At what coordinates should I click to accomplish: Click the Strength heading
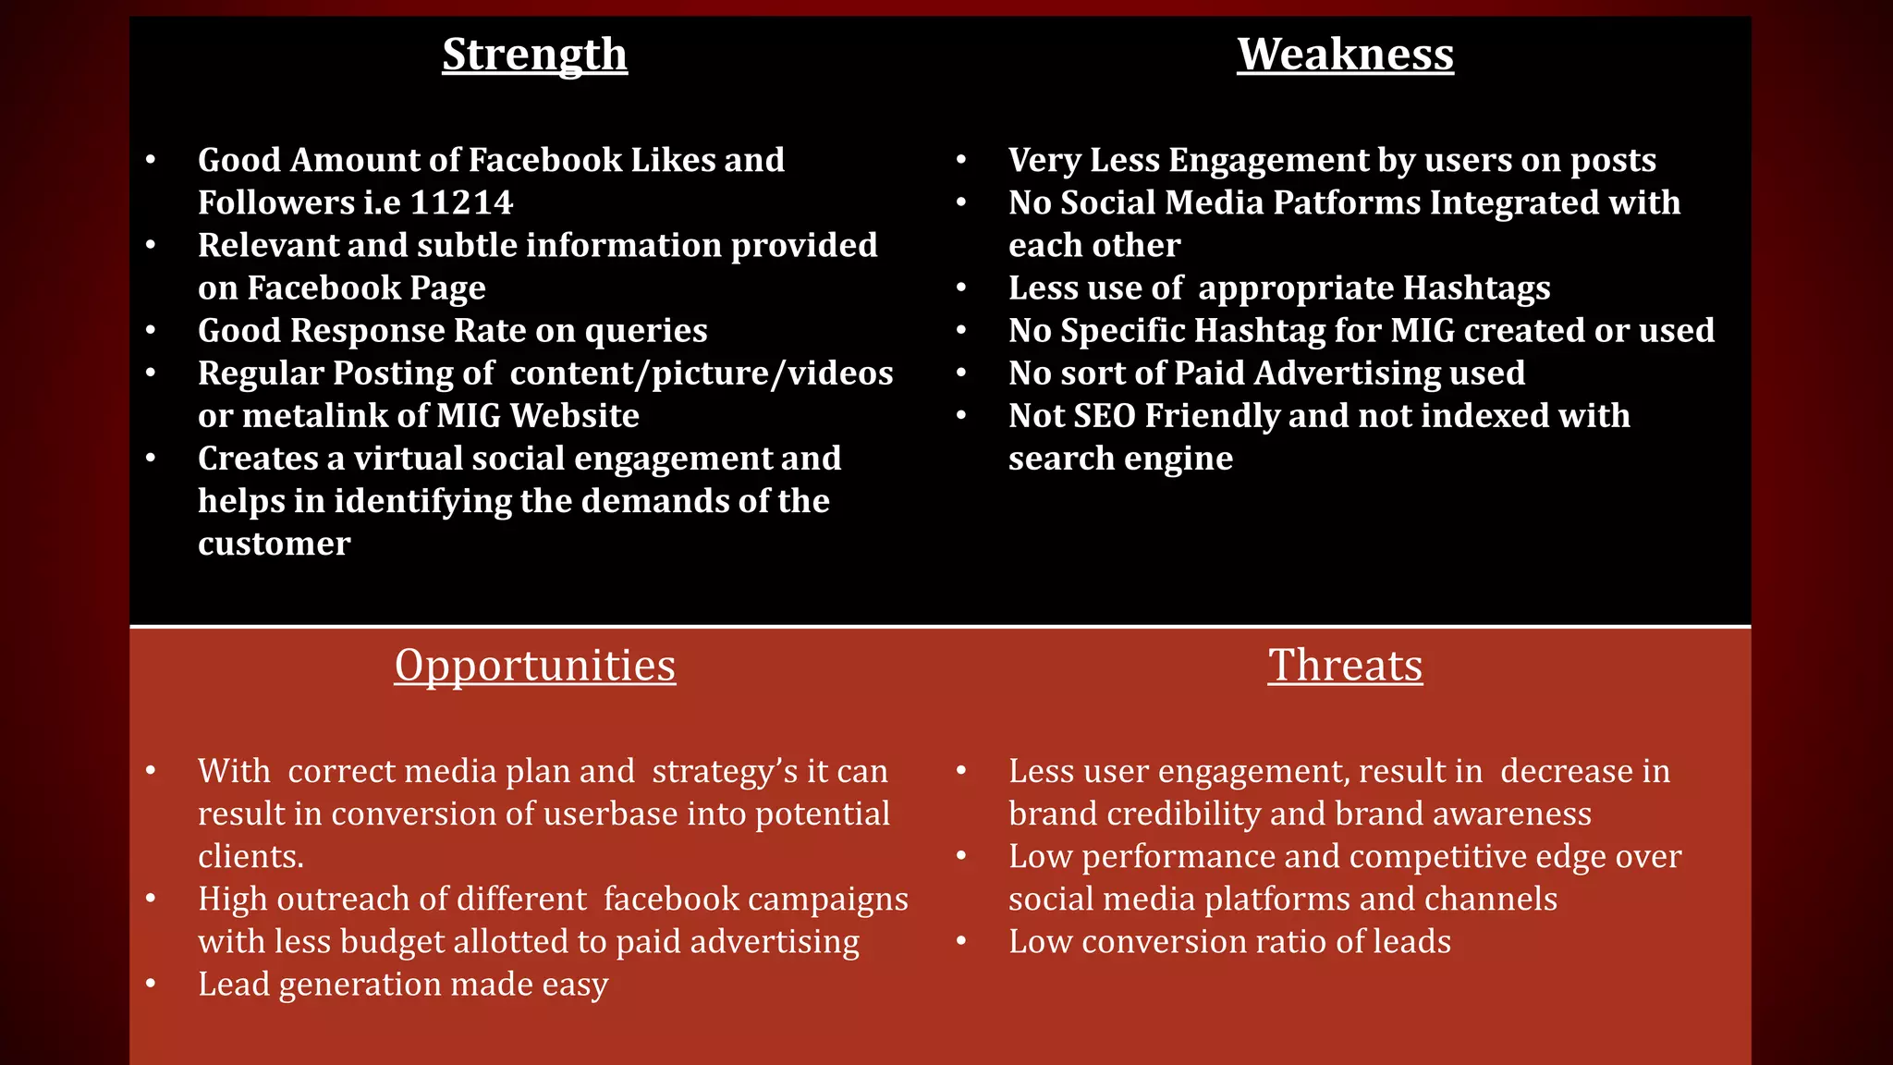534,55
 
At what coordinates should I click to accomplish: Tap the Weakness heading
1345,55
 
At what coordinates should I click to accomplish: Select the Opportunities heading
534,667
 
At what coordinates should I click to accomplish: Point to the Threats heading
1345,666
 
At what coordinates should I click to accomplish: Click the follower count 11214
461,203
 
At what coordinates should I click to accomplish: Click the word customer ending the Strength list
274,544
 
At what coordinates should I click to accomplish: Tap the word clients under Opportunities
249,857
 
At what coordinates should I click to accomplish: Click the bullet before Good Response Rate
151,331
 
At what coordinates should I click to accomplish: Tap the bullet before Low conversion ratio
961,942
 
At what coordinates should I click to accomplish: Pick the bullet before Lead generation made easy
151,985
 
